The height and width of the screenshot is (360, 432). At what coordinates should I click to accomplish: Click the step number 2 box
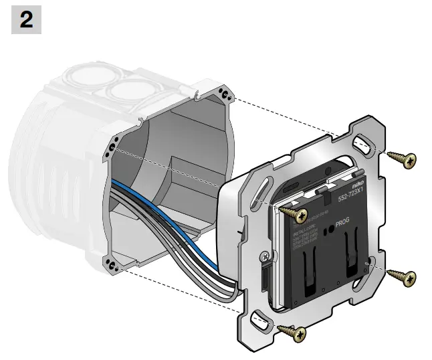click(x=26, y=20)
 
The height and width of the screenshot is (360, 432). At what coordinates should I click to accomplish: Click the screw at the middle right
click(x=401, y=276)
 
